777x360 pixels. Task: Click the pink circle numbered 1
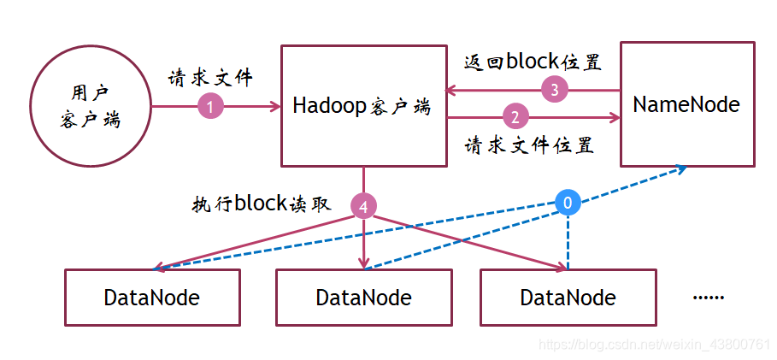tap(210, 106)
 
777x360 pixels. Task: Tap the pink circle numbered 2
tap(515, 116)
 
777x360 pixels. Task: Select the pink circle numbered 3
tap(555, 89)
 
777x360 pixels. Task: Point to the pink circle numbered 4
tap(364, 206)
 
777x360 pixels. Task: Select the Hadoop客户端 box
tap(363, 106)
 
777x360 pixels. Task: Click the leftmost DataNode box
tap(152, 297)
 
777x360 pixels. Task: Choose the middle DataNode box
tap(363, 297)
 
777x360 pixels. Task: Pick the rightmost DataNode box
tap(568, 297)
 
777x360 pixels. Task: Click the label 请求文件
tap(210, 79)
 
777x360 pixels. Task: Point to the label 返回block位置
tap(532, 62)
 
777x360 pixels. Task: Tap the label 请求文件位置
tap(529, 145)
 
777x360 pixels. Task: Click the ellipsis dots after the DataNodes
tap(708, 297)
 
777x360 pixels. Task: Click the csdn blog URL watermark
tap(654, 344)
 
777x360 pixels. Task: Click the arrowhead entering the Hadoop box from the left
tap(275, 106)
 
